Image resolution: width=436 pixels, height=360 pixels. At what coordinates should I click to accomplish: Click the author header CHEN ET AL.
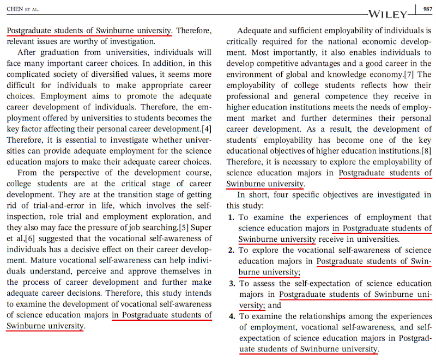point(23,8)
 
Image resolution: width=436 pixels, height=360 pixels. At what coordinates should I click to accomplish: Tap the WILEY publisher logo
point(387,14)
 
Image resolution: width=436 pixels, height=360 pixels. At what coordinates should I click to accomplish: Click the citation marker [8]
point(423,151)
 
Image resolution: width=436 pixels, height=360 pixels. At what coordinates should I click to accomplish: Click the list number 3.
point(232,284)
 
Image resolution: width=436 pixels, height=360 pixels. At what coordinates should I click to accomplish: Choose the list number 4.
point(231,316)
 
